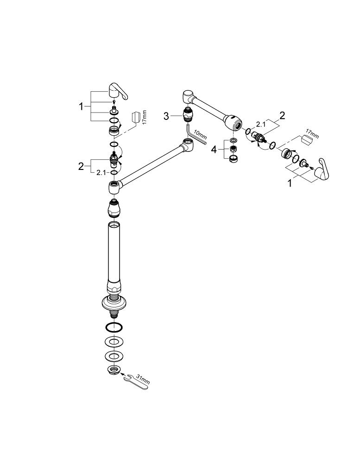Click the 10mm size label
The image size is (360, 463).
click(201, 135)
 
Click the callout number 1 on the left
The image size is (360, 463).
click(82, 106)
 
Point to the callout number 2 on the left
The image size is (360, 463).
click(82, 166)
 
